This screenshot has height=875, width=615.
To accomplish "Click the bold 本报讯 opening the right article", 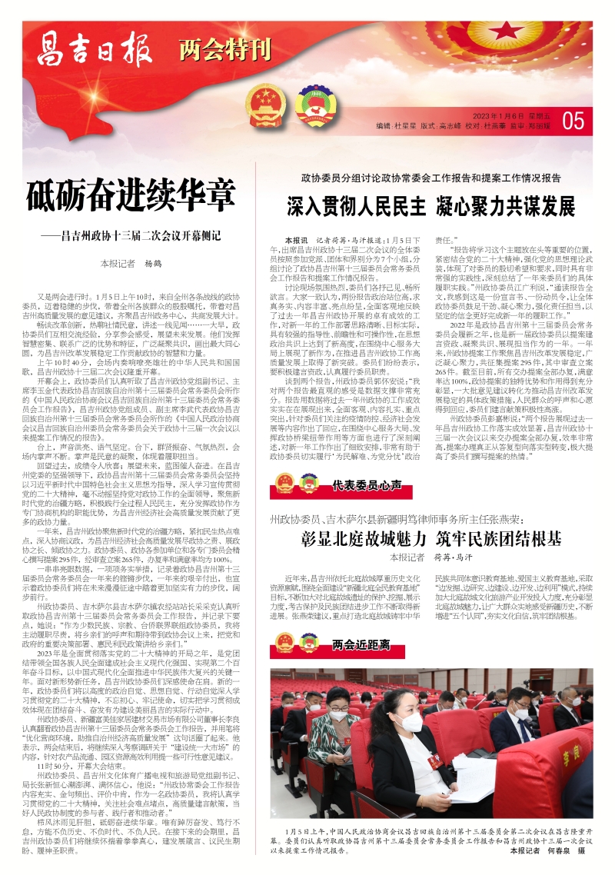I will [x=296, y=241].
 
